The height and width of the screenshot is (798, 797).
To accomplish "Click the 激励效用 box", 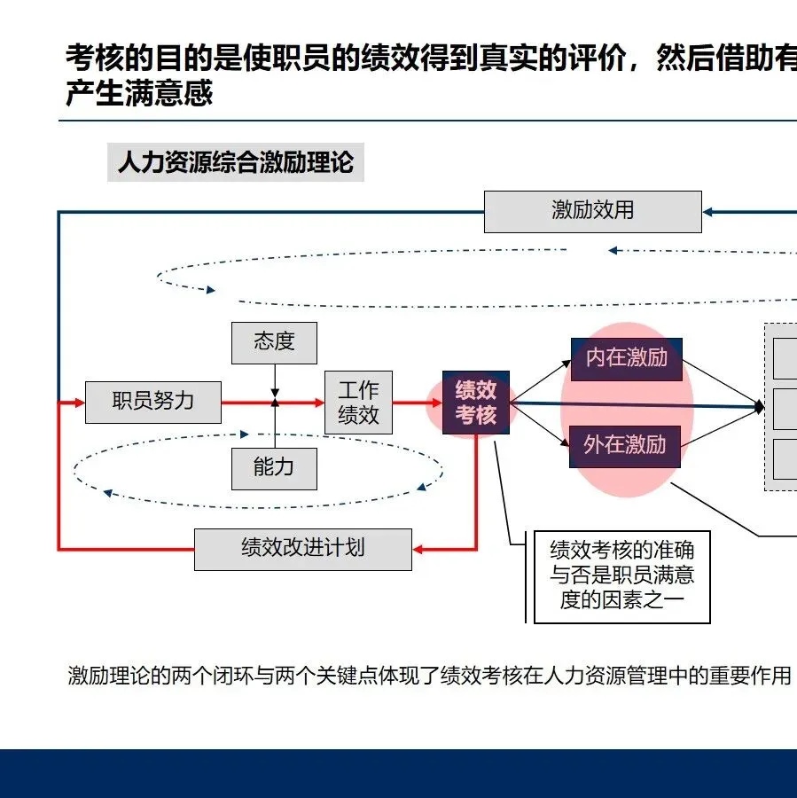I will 592,211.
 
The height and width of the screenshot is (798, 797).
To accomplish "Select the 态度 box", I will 274,342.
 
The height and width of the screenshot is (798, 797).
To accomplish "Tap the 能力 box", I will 274,467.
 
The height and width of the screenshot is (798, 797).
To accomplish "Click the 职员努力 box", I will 152,402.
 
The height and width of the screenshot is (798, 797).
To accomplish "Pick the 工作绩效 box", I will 358,403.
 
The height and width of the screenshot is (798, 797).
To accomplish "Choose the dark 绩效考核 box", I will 476,403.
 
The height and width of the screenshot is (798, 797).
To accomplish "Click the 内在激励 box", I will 626,358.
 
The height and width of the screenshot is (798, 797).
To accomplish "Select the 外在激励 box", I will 625,445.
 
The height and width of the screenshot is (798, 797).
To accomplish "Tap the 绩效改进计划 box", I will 302,549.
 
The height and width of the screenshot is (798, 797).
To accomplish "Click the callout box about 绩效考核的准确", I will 621,576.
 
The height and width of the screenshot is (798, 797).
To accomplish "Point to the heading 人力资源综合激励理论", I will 235,163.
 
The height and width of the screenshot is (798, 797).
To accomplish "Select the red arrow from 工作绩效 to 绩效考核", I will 417,403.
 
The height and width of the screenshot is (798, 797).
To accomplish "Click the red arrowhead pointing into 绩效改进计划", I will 420,550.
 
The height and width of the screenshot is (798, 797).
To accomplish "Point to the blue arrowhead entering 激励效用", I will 709,211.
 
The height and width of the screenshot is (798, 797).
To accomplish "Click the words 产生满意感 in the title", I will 139,93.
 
